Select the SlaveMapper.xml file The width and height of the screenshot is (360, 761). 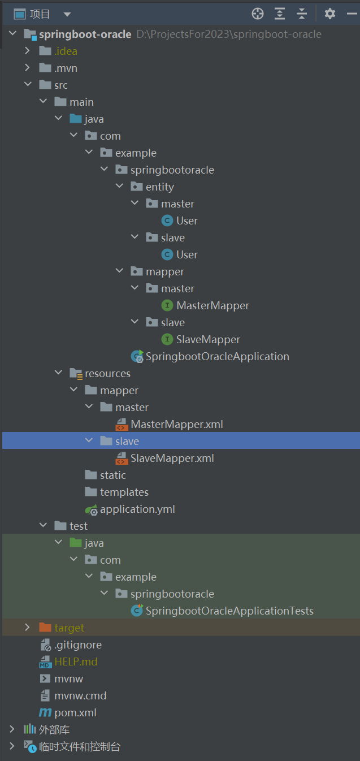tap(172, 458)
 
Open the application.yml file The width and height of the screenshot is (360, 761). tap(137, 509)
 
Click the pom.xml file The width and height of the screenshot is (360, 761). tap(75, 712)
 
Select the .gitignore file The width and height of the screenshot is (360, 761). tap(78, 645)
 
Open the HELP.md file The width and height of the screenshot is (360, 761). tap(76, 661)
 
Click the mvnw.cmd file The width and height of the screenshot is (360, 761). tap(80, 695)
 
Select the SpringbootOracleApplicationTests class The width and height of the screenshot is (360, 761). tap(229, 611)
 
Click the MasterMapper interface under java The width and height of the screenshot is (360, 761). tap(212, 305)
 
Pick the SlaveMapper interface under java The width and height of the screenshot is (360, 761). tap(208, 339)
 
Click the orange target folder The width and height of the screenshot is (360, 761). tap(69, 628)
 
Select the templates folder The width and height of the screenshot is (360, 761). tap(124, 492)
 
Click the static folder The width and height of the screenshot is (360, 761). tap(112, 475)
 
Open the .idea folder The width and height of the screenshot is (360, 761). tap(66, 51)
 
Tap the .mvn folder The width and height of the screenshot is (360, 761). tap(66, 68)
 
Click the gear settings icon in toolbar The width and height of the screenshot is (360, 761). tap(330, 14)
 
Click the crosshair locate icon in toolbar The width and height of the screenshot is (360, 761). tap(258, 14)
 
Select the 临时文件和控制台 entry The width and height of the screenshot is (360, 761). tap(79, 746)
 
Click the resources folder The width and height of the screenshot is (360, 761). tap(107, 373)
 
